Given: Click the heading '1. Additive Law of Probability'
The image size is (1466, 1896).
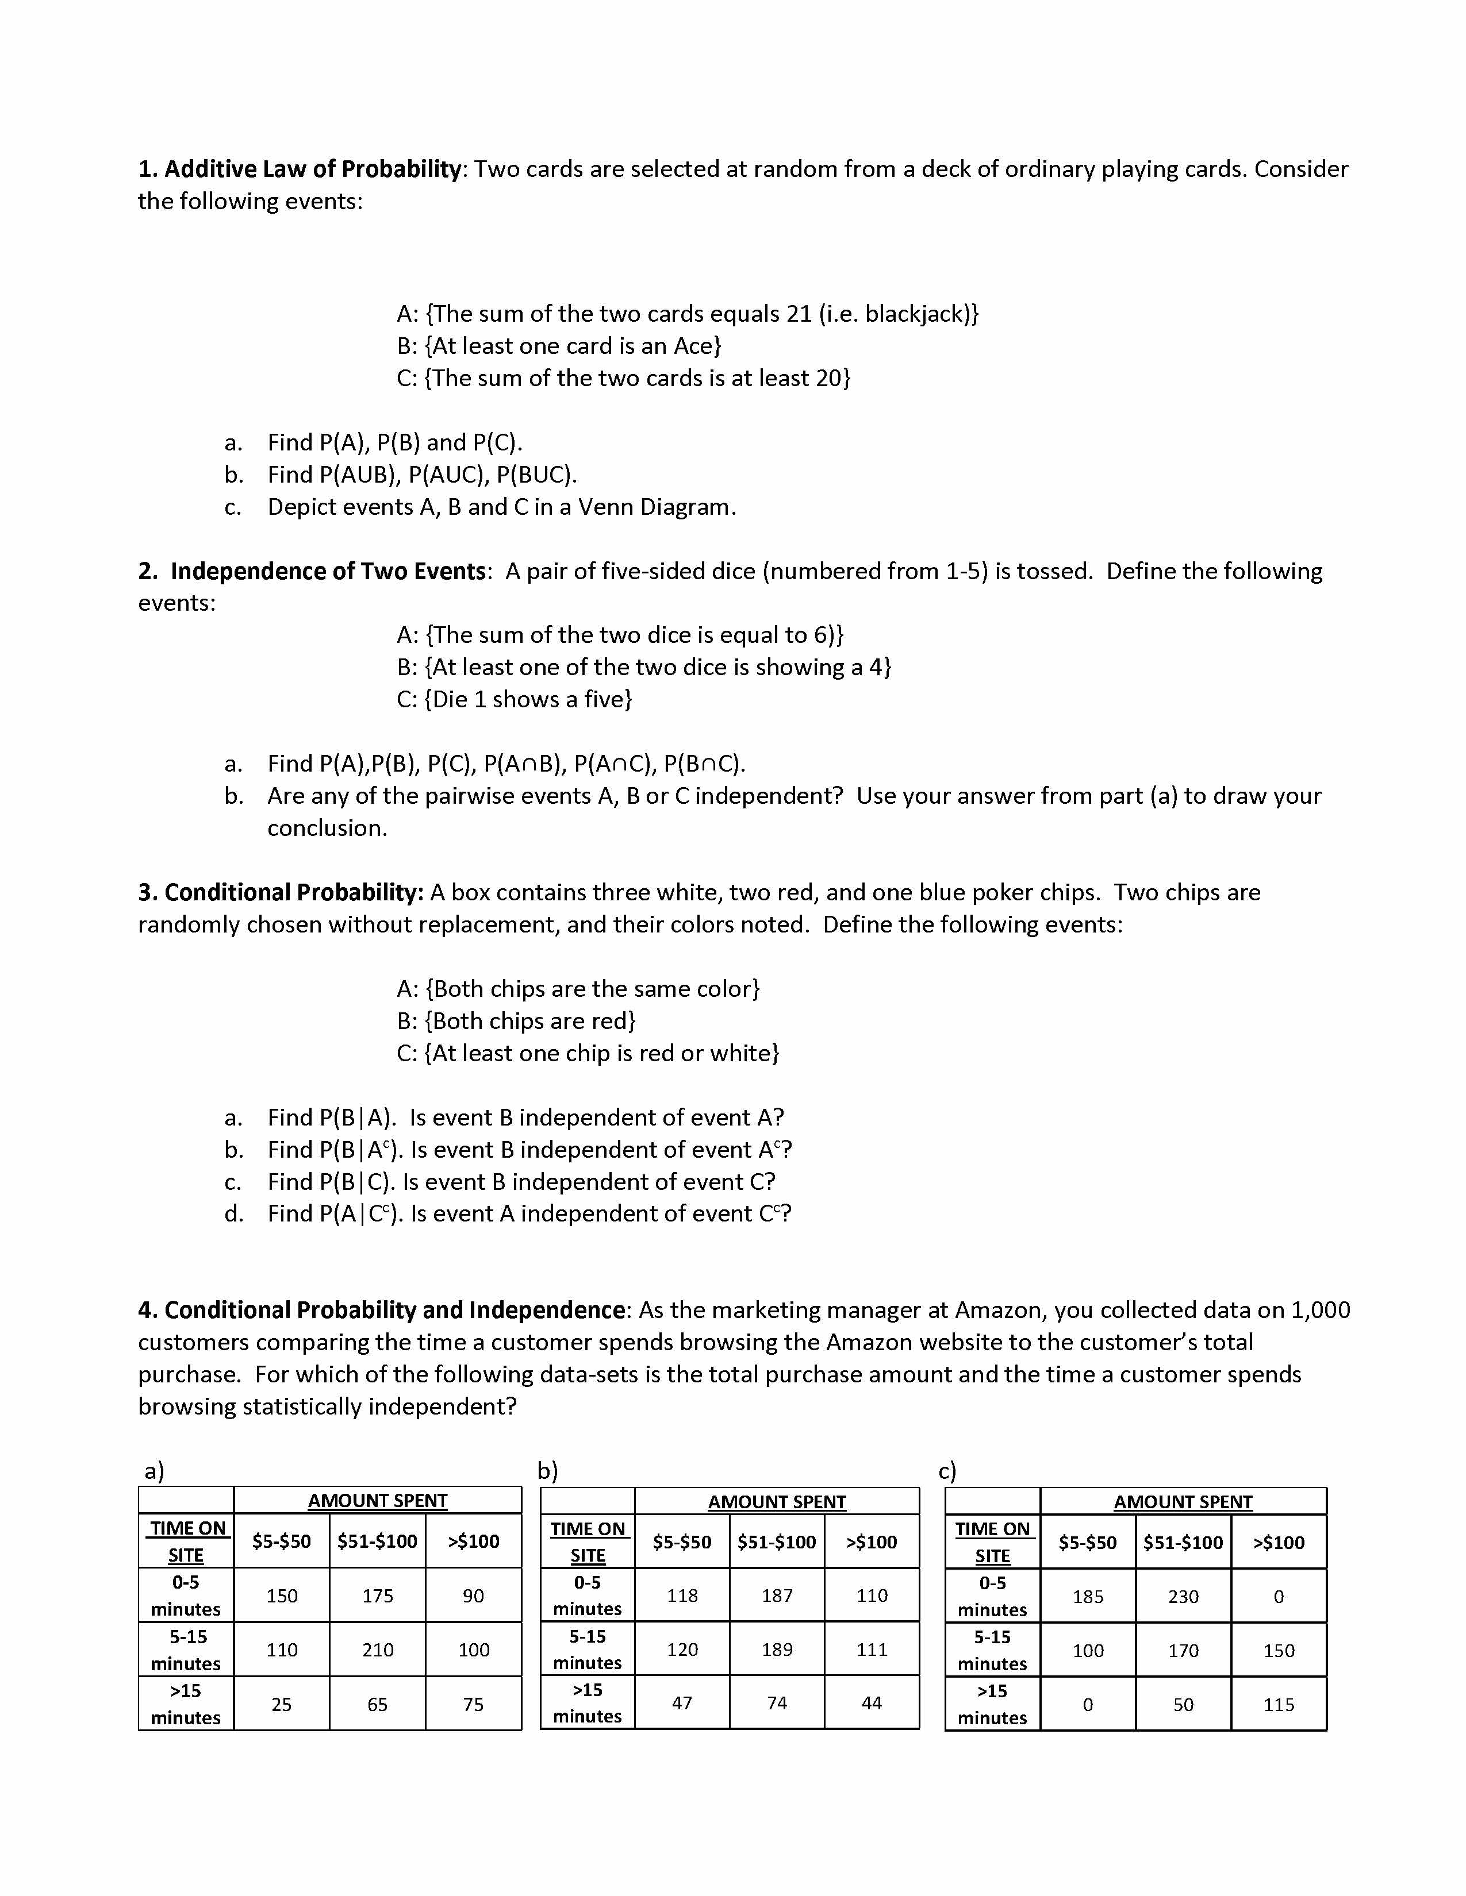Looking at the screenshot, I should (x=299, y=169).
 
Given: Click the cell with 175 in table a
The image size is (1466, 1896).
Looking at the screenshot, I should (x=377, y=1596).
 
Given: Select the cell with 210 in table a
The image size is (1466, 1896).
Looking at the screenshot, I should (x=377, y=1650).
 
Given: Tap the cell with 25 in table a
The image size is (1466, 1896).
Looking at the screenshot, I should (x=281, y=1704).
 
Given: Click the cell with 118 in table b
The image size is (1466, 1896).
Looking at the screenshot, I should (x=682, y=1596).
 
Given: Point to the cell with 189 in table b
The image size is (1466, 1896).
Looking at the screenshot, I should (x=777, y=1650).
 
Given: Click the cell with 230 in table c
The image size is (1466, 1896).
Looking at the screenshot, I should (x=1183, y=1597).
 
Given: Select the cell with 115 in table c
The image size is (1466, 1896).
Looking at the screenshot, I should (x=1279, y=1704).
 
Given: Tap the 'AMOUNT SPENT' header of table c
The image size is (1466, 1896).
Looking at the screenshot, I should (x=1183, y=1502).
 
